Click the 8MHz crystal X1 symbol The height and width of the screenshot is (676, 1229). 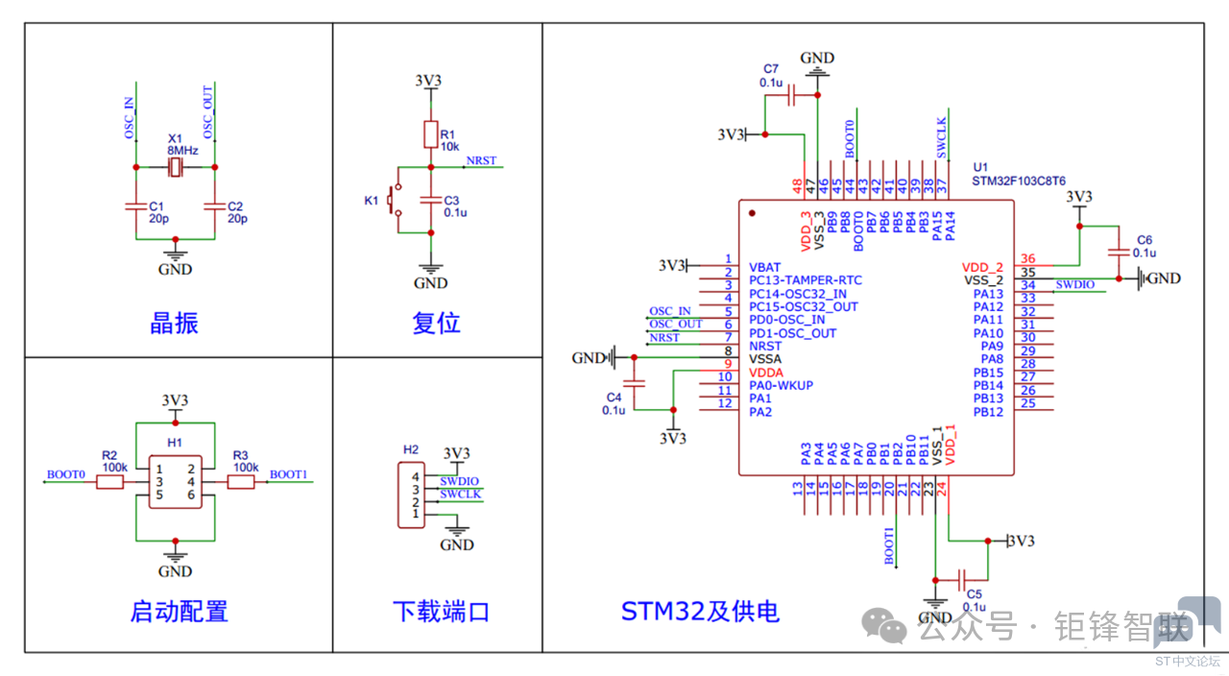(175, 168)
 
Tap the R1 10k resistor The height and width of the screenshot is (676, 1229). (431, 134)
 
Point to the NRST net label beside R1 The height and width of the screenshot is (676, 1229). (481, 160)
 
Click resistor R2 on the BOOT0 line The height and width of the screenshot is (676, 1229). (110, 482)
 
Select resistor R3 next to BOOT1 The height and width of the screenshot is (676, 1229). (241, 482)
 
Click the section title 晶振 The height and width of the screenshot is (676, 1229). (174, 323)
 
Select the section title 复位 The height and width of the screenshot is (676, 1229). (436, 323)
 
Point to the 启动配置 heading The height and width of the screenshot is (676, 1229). (179, 611)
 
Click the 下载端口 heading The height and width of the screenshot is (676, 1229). (441, 611)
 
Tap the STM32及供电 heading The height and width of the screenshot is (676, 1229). (700, 611)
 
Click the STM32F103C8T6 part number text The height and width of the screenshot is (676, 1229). (1019, 181)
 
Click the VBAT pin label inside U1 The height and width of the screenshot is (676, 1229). (765, 267)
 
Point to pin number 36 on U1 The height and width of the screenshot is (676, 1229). (1028, 259)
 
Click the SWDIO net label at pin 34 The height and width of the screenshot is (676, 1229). (1074, 284)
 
